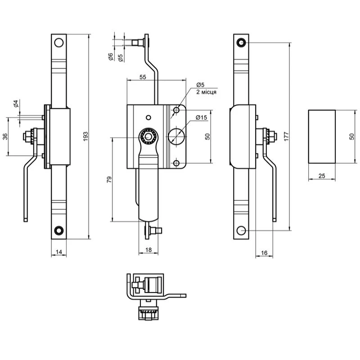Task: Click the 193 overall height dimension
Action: click(x=85, y=136)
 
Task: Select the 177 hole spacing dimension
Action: click(x=286, y=136)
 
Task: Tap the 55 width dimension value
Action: click(x=143, y=77)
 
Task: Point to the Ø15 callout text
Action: click(x=201, y=118)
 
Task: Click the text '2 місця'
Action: click(x=206, y=92)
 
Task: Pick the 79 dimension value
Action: click(x=109, y=179)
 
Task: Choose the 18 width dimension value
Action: click(x=148, y=250)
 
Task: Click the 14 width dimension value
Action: click(x=59, y=252)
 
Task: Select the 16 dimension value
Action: click(x=264, y=253)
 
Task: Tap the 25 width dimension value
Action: click(x=322, y=176)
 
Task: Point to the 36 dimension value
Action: click(x=5, y=136)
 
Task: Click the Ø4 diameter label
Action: click(x=16, y=104)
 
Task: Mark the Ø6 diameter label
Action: click(x=111, y=57)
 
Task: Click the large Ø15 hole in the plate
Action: click(x=176, y=137)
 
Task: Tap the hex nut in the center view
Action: click(x=148, y=137)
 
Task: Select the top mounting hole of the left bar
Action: click(x=59, y=42)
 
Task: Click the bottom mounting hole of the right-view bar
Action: click(x=241, y=230)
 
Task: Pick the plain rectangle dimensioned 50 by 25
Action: click(x=322, y=137)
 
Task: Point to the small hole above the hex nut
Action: click(x=148, y=118)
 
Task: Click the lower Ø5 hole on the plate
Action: click(x=176, y=163)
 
